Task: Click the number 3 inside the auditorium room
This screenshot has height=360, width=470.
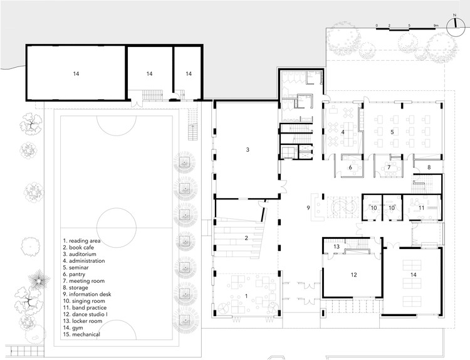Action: click(x=248, y=150)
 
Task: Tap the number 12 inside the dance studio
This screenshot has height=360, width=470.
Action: click(x=353, y=275)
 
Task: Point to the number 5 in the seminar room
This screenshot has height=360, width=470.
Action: click(x=392, y=132)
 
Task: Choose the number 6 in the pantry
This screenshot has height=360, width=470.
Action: click(x=351, y=167)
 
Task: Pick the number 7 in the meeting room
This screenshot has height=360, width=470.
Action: click(x=389, y=167)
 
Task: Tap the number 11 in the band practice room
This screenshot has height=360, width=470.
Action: click(x=422, y=207)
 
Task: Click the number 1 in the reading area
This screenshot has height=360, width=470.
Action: click(x=246, y=295)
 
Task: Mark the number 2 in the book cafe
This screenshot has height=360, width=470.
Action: click(x=246, y=238)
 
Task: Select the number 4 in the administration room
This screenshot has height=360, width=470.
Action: click(x=343, y=132)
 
